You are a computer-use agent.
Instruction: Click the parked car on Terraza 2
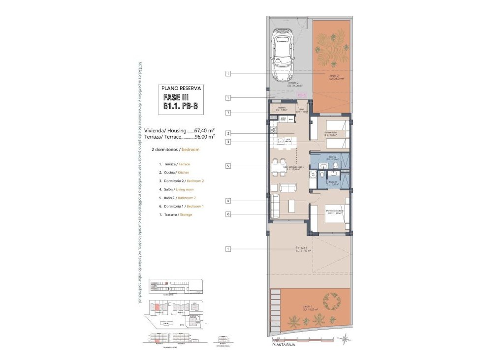click(x=282, y=55)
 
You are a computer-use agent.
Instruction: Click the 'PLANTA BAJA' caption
click(x=285, y=345)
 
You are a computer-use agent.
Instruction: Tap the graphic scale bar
click(x=303, y=339)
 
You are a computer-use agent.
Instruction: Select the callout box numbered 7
click(x=228, y=113)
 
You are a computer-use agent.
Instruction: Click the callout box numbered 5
click(x=228, y=166)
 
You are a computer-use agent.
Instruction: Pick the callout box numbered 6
click(x=228, y=214)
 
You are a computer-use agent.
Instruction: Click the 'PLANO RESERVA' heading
click(x=181, y=89)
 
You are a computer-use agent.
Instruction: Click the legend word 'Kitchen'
click(x=184, y=173)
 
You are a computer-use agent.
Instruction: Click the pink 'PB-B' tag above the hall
click(x=301, y=94)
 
